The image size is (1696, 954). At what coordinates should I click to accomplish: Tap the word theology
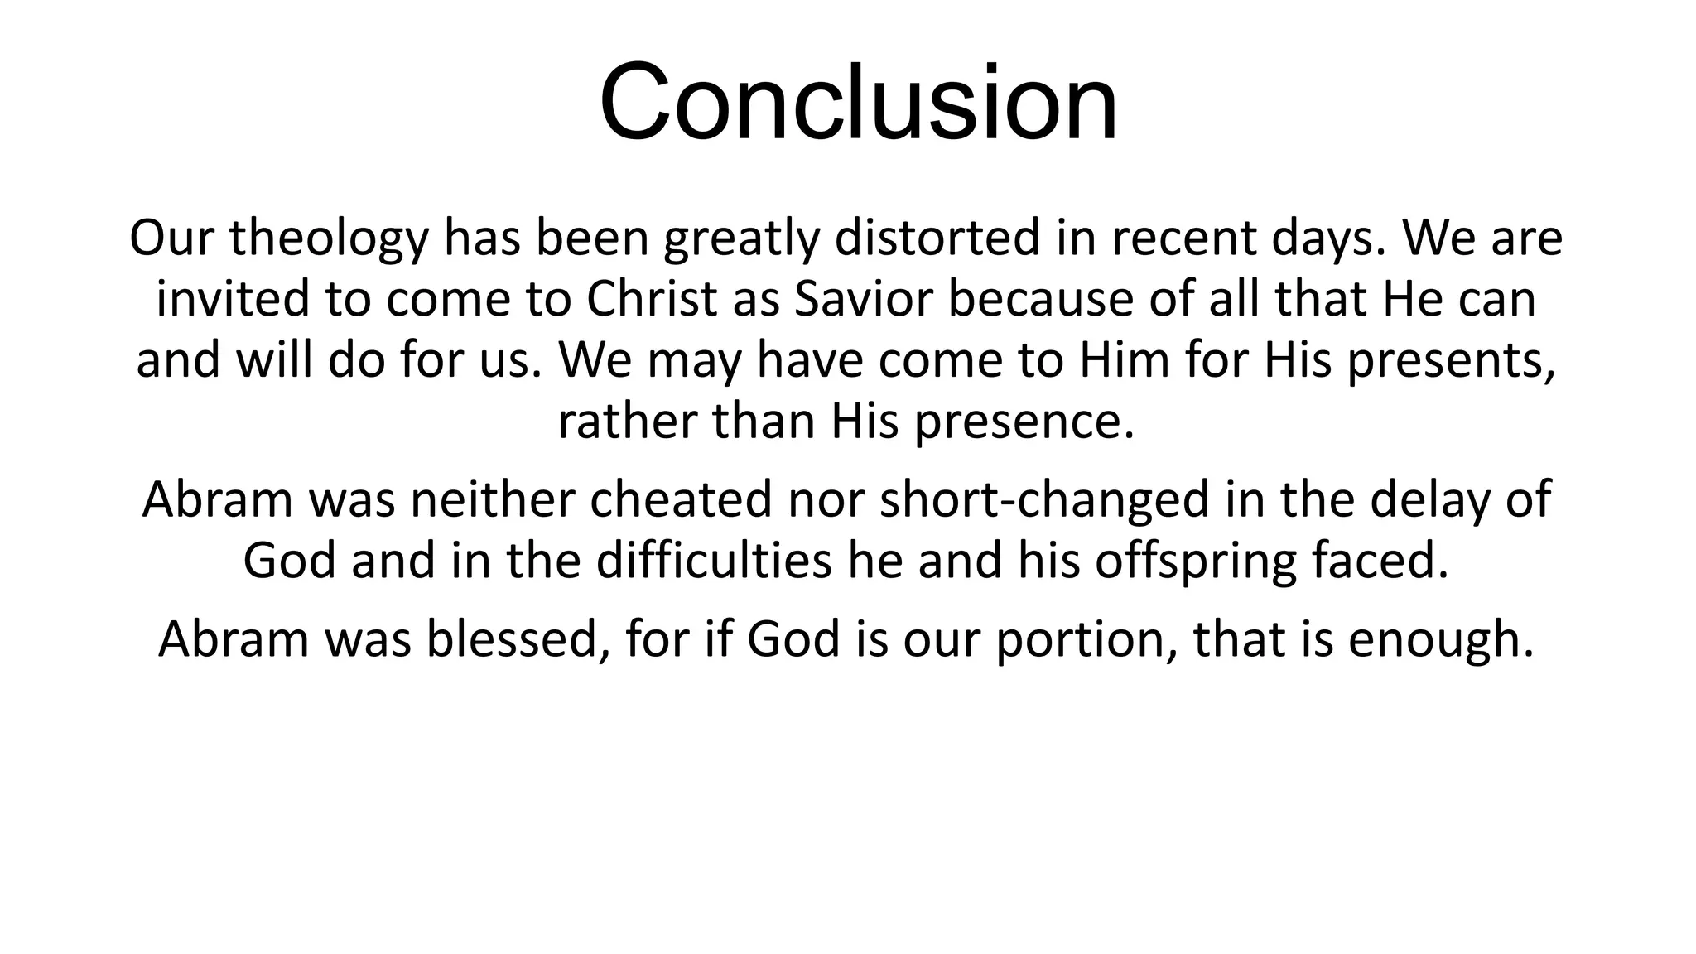(x=329, y=238)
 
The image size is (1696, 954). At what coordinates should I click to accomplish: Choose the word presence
(x=1024, y=422)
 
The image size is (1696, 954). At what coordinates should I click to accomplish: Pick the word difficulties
(x=713, y=561)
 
